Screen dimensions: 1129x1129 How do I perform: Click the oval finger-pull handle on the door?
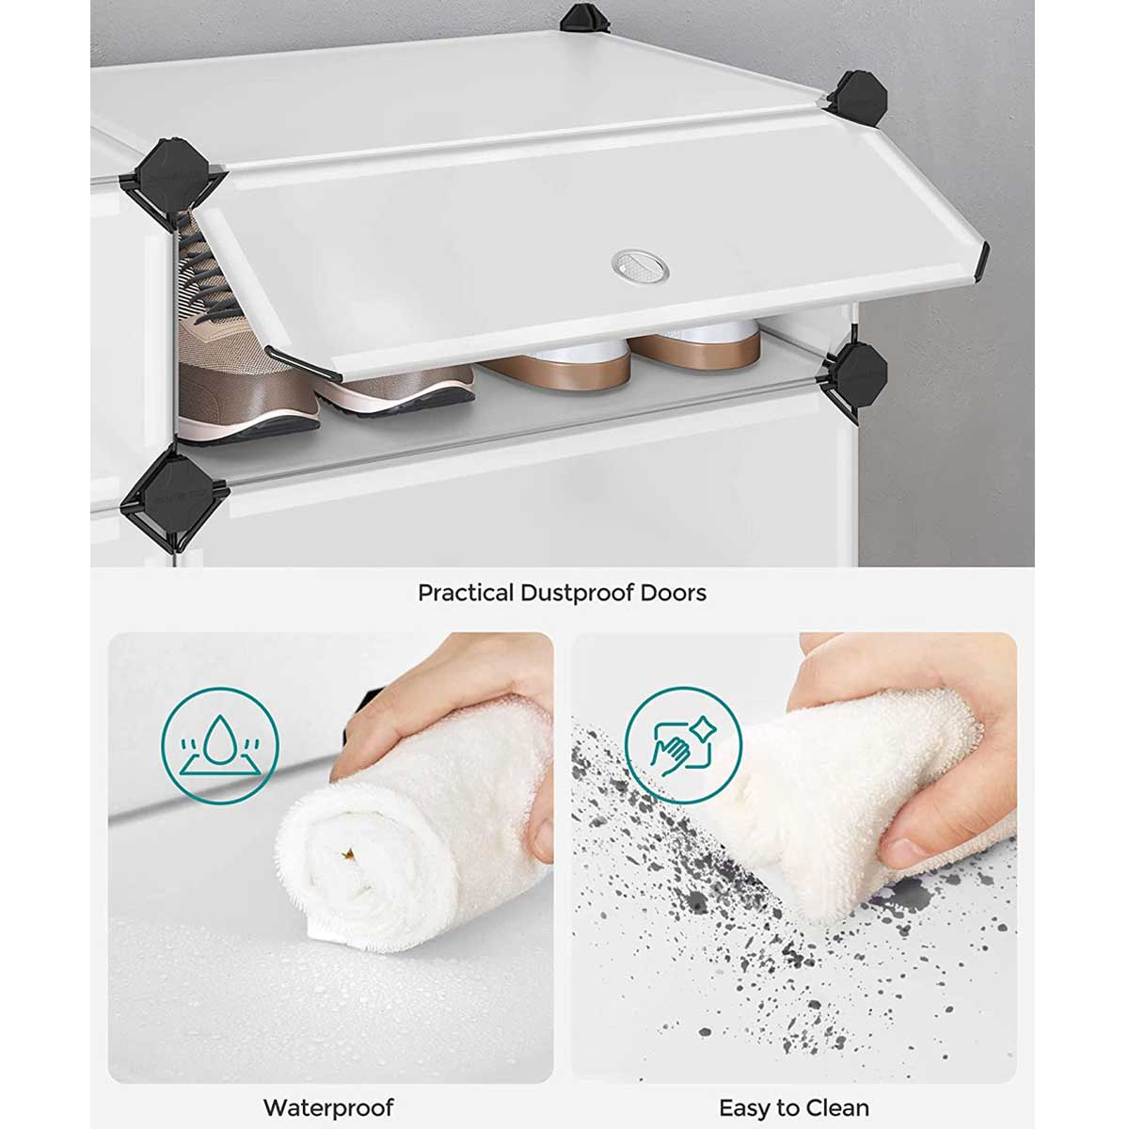(x=639, y=266)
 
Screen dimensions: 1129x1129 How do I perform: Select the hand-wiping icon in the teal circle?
(x=683, y=745)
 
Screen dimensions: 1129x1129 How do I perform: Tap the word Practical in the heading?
(x=465, y=593)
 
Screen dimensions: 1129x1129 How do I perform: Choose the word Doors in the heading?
(x=674, y=593)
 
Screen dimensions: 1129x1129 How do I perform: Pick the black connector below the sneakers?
(x=174, y=497)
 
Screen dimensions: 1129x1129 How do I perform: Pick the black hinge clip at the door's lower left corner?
(x=303, y=364)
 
